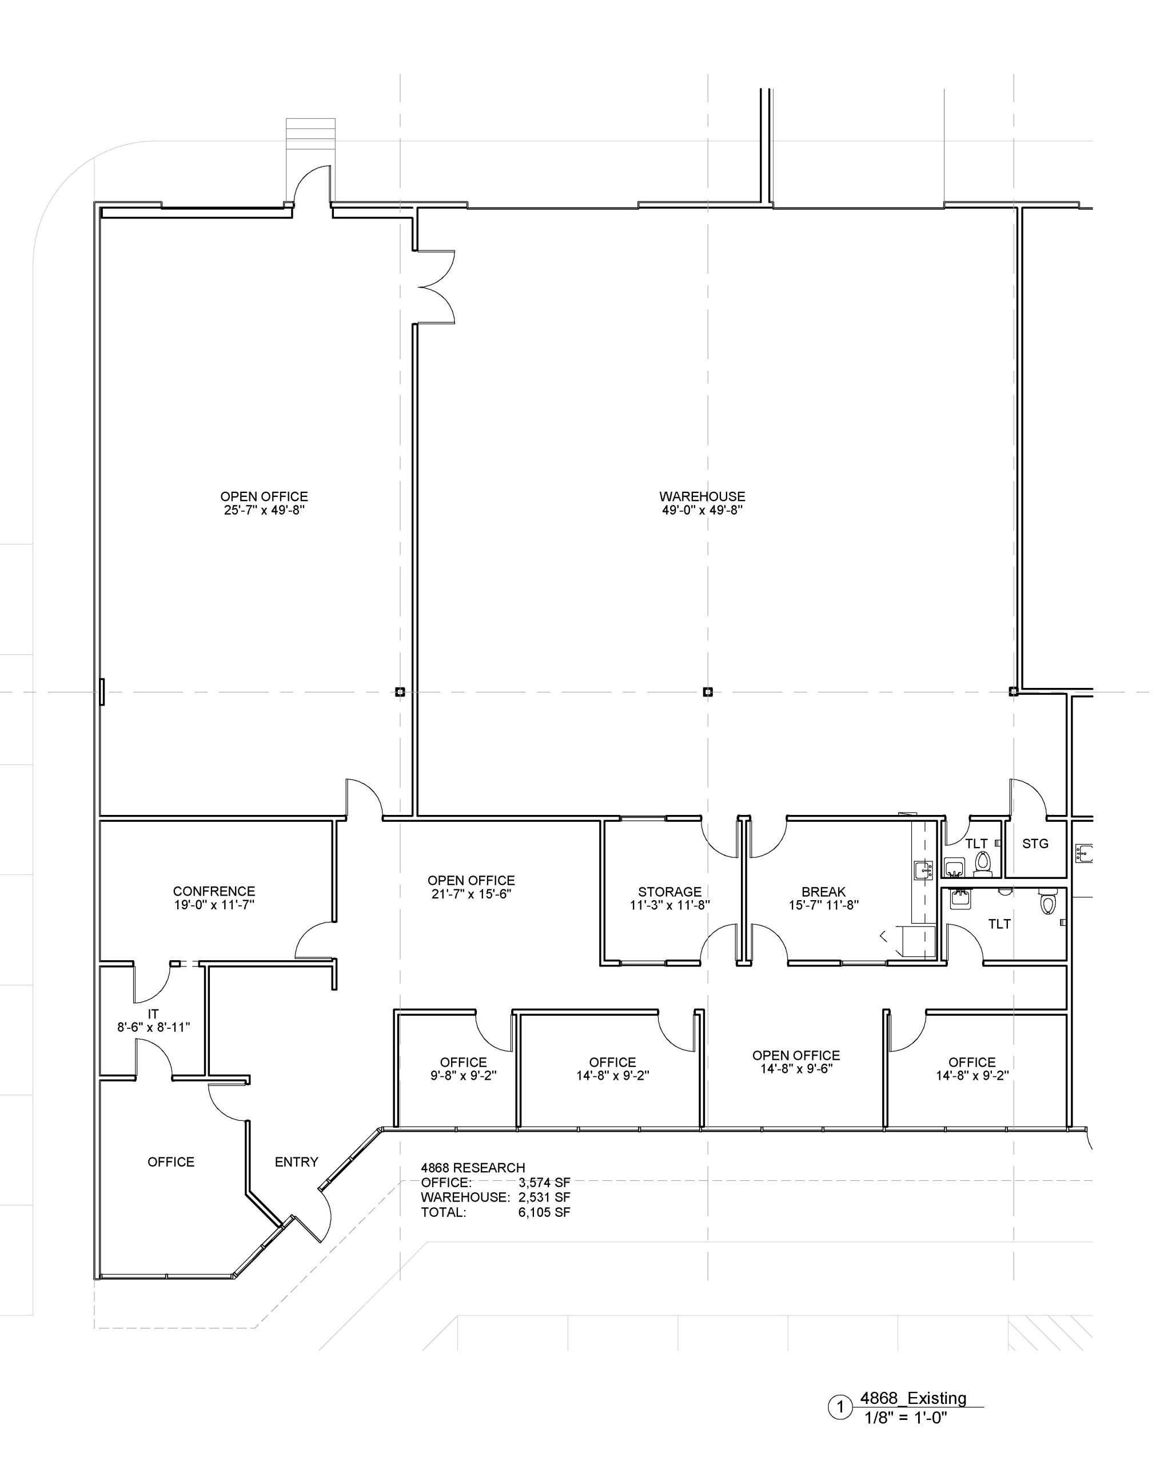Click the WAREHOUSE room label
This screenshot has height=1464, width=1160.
click(702, 496)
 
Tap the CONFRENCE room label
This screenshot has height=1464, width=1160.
click(214, 891)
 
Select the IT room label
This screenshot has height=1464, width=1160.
click(153, 1014)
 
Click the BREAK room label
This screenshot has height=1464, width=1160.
click(823, 892)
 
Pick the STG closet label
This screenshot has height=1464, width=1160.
click(1034, 844)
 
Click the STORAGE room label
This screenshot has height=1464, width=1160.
click(669, 892)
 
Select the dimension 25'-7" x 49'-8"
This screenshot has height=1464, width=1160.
click(264, 511)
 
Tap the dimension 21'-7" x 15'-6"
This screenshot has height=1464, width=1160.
click(471, 894)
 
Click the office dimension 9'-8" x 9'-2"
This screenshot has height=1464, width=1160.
click(463, 1076)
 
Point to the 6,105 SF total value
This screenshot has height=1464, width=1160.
click(544, 1212)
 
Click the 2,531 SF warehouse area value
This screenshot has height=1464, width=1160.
click(544, 1197)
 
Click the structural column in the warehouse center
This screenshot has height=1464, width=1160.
click(707, 692)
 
